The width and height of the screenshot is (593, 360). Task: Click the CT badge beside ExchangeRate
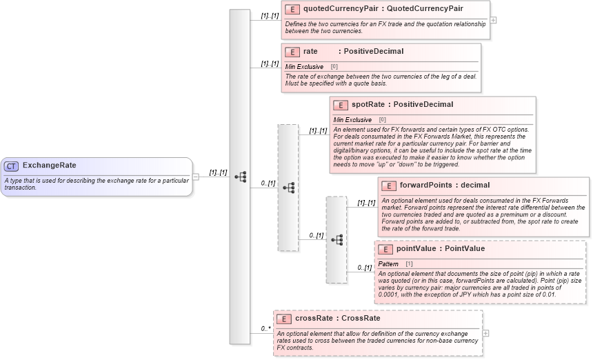coord(12,166)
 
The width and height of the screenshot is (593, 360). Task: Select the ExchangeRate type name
coord(50,166)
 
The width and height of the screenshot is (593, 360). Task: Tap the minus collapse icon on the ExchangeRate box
coord(196,177)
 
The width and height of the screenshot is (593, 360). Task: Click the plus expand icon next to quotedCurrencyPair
coord(493,20)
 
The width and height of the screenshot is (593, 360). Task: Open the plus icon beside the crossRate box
coord(487,332)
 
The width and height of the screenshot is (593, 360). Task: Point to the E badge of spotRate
coord(341,105)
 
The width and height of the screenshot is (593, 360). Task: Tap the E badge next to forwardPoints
coord(389,186)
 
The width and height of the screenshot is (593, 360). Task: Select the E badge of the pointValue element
coord(385,249)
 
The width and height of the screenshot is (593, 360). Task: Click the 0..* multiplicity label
coord(265,329)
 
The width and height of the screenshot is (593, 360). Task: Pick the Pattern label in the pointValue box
coord(388,264)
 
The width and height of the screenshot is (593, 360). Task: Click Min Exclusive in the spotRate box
coord(352,119)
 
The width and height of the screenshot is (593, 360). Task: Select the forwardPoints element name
coord(426,186)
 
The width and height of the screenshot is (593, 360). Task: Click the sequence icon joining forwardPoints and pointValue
coord(337,240)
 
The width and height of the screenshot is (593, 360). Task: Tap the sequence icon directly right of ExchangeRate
coord(240,177)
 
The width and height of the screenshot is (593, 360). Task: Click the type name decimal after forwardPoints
coord(475,186)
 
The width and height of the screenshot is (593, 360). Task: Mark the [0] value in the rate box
coord(334,67)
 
